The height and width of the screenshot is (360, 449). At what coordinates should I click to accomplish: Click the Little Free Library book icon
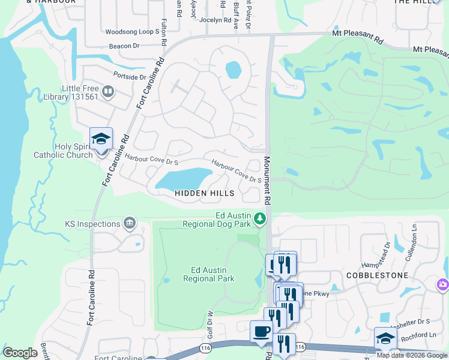(108, 92)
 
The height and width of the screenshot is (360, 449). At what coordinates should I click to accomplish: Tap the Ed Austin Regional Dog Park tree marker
(260, 219)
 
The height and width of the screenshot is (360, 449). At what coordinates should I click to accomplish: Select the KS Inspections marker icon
(129, 224)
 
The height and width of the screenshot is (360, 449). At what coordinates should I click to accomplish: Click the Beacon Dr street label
(124, 46)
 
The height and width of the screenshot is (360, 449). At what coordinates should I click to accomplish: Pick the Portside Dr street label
(130, 77)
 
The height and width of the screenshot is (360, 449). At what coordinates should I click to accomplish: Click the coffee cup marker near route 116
(261, 331)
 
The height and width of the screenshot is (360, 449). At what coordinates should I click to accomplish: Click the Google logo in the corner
(20, 352)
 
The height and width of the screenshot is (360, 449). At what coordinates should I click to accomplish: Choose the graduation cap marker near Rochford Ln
(385, 338)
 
